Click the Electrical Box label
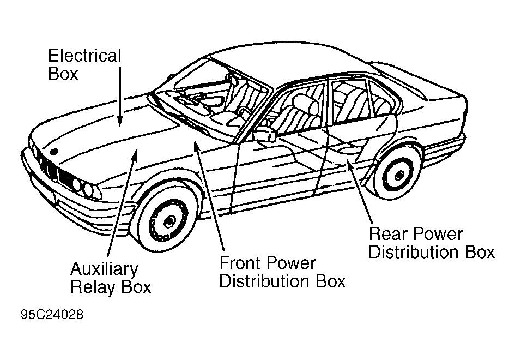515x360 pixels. (84, 64)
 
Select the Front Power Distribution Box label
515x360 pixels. (282, 272)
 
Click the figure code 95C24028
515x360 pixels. (53, 315)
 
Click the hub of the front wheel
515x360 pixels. (168, 221)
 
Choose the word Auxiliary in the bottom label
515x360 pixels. (104, 269)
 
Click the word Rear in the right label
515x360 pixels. (388, 235)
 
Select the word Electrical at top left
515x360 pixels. (84, 56)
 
